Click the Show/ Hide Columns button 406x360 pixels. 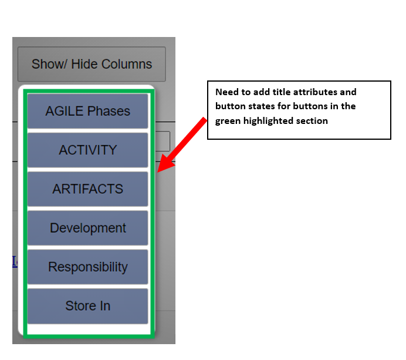pos(92,64)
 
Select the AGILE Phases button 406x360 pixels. pos(88,111)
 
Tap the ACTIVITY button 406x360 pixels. pos(88,150)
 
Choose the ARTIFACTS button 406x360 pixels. pos(88,189)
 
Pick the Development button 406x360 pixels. pos(88,228)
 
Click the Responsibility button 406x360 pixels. pos(88,267)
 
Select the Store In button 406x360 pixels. pos(88,306)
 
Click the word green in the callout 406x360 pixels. pos(228,121)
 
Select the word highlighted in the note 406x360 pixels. pos(269,121)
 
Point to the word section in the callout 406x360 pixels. pos(311,121)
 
